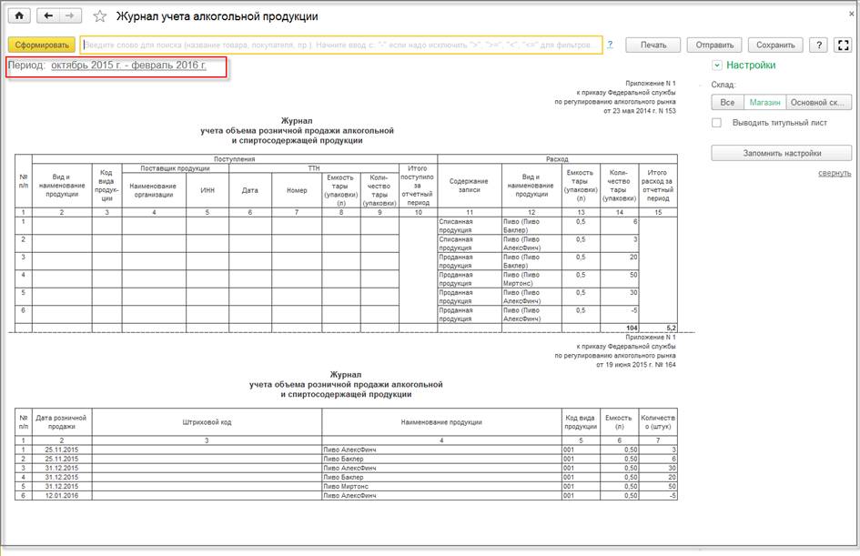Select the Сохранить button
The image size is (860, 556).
[775, 45]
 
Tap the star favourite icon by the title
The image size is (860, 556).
[100, 16]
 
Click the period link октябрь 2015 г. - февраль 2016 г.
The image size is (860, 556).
[128, 66]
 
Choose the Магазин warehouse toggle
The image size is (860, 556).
[764, 102]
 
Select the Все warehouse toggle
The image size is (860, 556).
[727, 102]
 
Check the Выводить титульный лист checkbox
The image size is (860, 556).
[717, 123]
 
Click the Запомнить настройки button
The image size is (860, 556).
[782, 153]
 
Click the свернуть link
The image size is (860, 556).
[834, 173]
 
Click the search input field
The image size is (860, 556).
[341, 45]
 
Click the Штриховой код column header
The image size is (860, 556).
[207, 422]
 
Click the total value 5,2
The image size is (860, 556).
[668, 328]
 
